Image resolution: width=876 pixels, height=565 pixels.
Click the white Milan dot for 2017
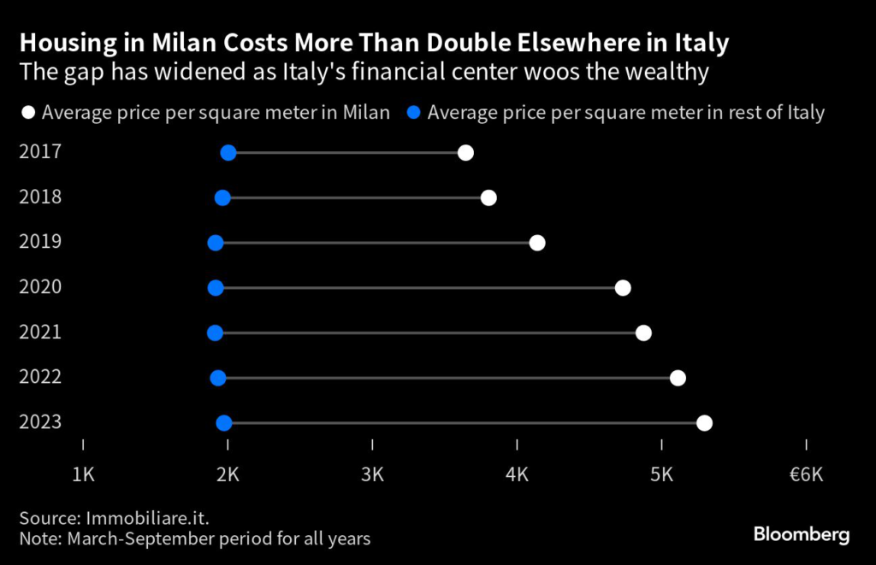pos(465,153)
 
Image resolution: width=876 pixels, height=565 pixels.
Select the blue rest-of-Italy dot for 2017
pos(228,153)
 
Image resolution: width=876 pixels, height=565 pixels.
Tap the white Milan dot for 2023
pos(704,422)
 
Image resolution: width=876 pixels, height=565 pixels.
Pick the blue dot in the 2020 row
pos(216,287)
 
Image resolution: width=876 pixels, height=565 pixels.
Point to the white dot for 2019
pos(537,243)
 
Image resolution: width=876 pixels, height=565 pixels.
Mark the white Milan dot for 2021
pos(643,333)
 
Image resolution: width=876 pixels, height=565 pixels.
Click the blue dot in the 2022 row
pos(218,378)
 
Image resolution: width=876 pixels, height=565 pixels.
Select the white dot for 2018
pos(488,198)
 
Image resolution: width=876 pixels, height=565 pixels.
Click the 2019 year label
pos(39,242)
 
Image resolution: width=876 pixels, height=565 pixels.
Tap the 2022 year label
pos(39,377)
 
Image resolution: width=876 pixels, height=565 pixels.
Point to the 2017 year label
pos(39,152)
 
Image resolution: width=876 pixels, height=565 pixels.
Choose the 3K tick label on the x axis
pos(373,474)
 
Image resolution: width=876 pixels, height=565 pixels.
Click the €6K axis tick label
pos(806,474)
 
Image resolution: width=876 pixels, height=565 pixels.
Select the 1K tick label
pos(83,474)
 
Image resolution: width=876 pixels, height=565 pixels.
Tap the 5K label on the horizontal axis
pos(662,474)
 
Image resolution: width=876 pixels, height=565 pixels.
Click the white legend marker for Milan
pos(28,112)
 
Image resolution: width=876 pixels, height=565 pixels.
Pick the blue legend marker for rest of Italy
pos(414,112)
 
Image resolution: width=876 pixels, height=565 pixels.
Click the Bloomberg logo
pos(802,535)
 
